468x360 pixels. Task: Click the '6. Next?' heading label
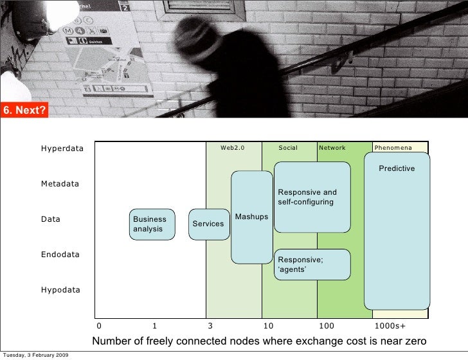pyautogui.click(x=24, y=110)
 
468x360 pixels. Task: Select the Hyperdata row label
pyautogui.click(x=62, y=149)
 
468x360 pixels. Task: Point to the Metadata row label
pyautogui.click(x=60, y=184)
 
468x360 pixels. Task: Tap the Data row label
pyautogui.click(x=51, y=219)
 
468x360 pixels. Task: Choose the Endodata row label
pyautogui.click(x=60, y=255)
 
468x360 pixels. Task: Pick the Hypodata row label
pyautogui.click(x=61, y=290)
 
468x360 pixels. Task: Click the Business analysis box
pyautogui.click(x=152, y=224)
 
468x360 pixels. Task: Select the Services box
pyautogui.click(x=209, y=224)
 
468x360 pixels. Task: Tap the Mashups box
pyautogui.click(x=252, y=217)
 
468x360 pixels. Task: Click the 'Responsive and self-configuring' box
pyautogui.click(x=312, y=197)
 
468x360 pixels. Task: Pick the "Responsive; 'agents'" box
pyautogui.click(x=312, y=264)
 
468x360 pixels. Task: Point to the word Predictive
pyautogui.click(x=397, y=168)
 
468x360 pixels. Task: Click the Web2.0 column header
pyautogui.click(x=233, y=148)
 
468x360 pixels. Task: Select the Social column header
pyautogui.click(x=288, y=148)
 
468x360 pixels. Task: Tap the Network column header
pyautogui.click(x=332, y=148)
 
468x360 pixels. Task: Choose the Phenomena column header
pyautogui.click(x=393, y=148)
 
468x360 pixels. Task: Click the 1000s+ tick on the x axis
pyautogui.click(x=390, y=326)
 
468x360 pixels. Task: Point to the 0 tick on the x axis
pyautogui.click(x=99, y=326)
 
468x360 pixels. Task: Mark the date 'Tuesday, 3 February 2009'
pyautogui.click(x=36, y=355)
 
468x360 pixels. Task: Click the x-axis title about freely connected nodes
pyautogui.click(x=260, y=341)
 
